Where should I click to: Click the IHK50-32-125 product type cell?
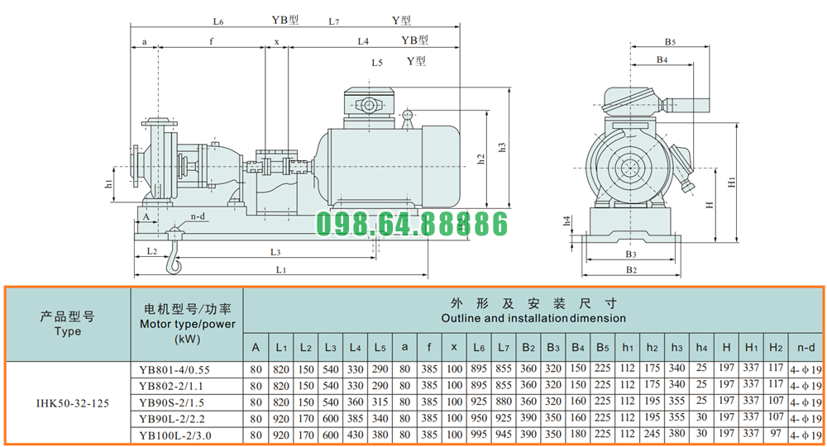click(72, 403)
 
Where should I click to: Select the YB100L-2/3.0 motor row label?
click(175, 435)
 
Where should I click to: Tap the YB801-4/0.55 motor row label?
click(174, 370)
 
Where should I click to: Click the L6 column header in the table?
click(479, 347)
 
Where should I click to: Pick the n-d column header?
click(805, 347)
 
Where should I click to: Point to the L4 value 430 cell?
click(355, 435)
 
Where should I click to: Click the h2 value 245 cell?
click(652, 434)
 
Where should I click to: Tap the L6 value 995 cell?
click(479, 435)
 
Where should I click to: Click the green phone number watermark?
click(413, 223)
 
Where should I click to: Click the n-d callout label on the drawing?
click(198, 216)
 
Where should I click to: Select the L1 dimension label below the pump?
click(281, 269)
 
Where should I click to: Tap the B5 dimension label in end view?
click(670, 41)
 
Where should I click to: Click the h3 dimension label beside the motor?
click(502, 147)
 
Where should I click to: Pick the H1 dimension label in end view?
click(732, 182)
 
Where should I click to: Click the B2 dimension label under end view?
click(631, 270)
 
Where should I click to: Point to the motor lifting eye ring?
click(407, 114)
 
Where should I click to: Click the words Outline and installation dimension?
click(533, 318)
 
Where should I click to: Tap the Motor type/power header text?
click(187, 324)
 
